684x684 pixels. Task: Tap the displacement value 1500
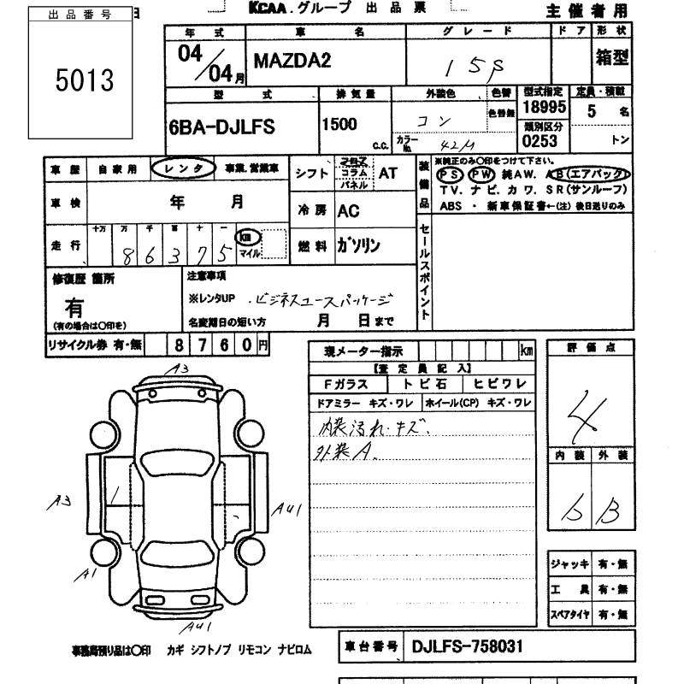coord(339,125)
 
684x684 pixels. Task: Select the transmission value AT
coord(387,172)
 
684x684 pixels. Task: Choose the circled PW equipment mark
coord(485,173)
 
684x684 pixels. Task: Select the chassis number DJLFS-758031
coord(467,646)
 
